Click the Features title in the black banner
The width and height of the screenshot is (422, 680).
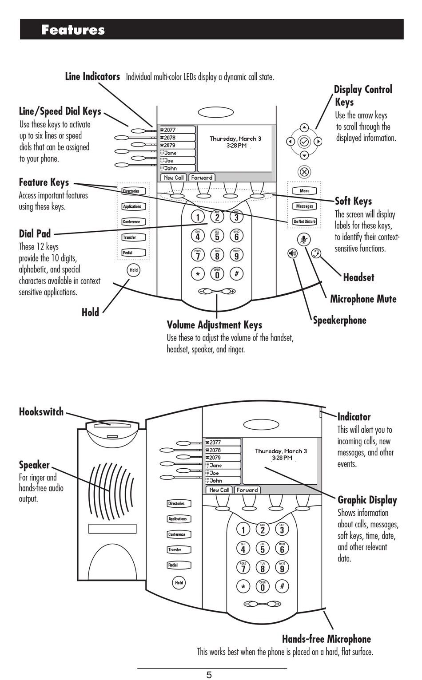pos(73,30)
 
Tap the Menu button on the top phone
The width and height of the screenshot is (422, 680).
pos(305,191)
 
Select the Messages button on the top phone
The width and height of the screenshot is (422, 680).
pos(305,206)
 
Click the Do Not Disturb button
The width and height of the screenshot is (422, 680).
pos(305,221)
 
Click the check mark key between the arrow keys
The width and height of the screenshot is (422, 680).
pos(304,142)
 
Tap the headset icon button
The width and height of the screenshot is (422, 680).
pos(316,253)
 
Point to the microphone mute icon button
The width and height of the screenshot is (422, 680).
pos(304,239)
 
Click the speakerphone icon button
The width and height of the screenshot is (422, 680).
pos(292,253)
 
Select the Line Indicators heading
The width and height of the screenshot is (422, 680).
pos(92,76)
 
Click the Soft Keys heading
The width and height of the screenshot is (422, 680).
pos(353,201)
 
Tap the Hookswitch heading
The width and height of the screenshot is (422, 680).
pos(41,411)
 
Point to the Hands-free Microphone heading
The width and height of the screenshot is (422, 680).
pos(326,639)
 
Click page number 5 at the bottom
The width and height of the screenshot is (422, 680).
pos(209,675)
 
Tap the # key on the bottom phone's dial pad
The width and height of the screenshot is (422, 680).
pos(282,586)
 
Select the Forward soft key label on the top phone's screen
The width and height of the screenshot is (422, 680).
pos(202,178)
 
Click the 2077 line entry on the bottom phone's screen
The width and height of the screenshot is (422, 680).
pos(222,443)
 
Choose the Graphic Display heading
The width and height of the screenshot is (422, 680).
pos(367,500)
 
